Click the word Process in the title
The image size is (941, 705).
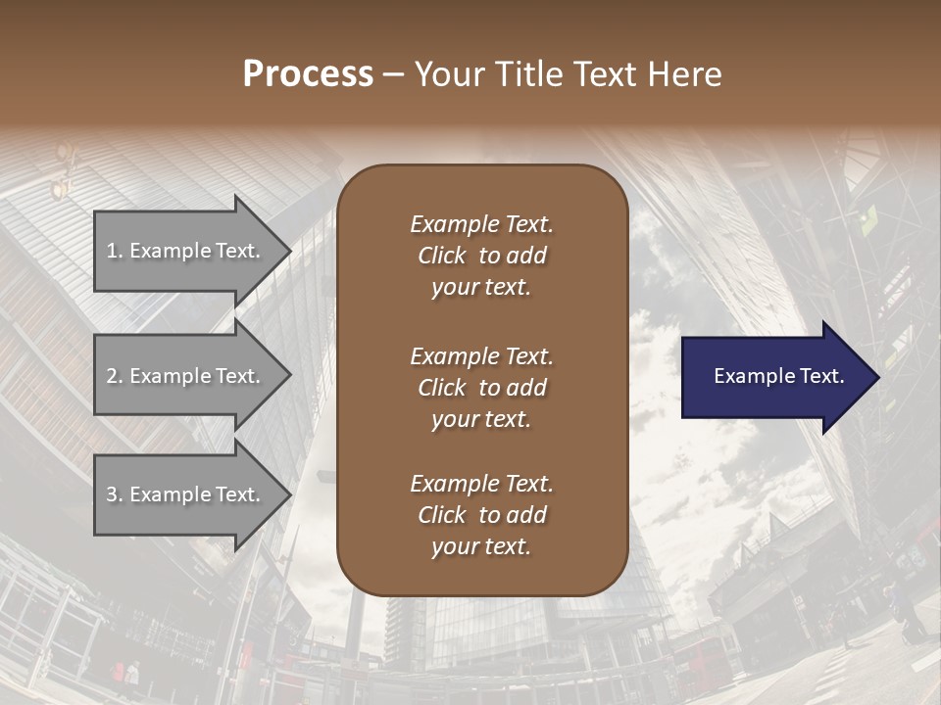point(308,74)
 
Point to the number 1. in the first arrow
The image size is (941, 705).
point(115,251)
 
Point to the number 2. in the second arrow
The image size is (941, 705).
point(115,376)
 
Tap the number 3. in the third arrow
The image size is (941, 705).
point(115,494)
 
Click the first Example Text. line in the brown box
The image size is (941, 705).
point(481,224)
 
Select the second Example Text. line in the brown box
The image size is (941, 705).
point(481,356)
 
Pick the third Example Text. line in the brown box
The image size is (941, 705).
point(481,484)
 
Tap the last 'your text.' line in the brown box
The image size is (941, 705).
point(481,546)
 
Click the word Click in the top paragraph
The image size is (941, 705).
point(442,256)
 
